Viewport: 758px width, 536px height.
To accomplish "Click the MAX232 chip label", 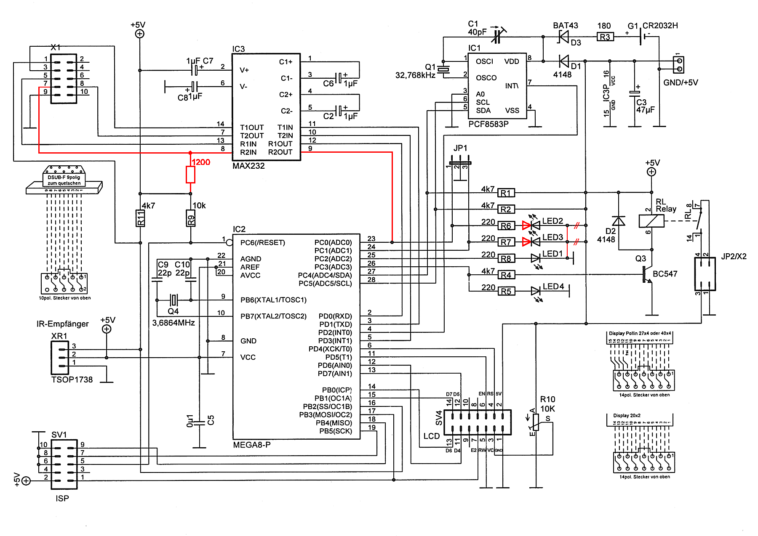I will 248,166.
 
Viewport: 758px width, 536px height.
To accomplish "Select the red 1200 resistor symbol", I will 190,174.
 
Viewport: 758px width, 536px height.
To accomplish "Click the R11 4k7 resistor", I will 140,218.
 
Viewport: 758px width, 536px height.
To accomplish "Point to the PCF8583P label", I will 488,124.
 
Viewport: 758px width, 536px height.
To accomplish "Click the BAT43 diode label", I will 565,26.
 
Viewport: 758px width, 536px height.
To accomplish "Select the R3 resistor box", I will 605,37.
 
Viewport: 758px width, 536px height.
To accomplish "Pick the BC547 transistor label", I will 665,274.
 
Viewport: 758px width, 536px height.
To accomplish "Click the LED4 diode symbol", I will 536,291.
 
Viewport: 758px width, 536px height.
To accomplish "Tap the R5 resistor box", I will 506,291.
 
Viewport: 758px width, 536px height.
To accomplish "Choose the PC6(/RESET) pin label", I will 262,243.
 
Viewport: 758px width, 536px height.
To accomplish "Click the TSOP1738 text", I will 72,379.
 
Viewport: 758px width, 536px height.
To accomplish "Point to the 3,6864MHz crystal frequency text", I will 173,323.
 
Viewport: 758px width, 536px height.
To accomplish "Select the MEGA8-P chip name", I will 252,445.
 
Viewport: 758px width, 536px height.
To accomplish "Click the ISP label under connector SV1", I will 62,499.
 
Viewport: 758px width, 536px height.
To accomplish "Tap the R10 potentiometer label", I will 547,399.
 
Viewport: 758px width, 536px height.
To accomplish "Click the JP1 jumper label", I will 460,148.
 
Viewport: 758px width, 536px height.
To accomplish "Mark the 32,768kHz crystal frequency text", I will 415,75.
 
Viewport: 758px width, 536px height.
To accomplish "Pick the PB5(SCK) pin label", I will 336,431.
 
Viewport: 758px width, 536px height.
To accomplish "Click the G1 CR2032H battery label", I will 653,26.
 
